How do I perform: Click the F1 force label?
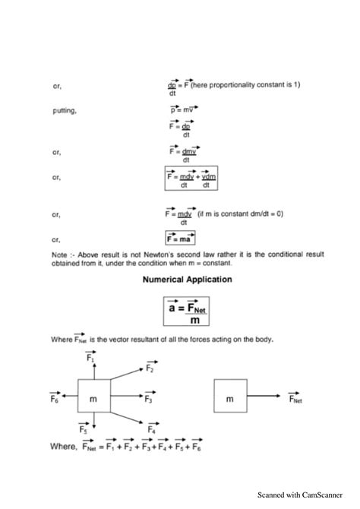tap(90, 356)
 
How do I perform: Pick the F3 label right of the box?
tap(149, 397)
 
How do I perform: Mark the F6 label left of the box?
tap(55, 397)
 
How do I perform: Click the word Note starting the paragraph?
tap(59, 254)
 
